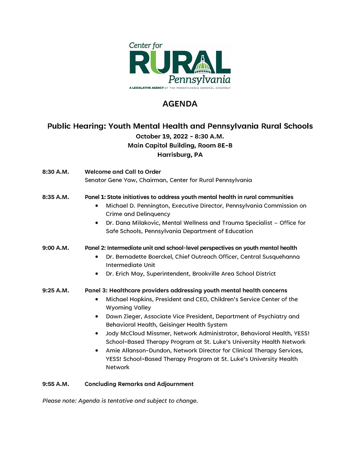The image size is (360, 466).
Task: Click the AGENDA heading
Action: tap(180, 104)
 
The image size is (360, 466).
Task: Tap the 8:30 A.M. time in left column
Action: tap(55, 172)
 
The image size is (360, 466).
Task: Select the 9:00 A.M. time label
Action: tap(55, 248)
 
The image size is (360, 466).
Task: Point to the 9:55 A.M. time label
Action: tap(55, 384)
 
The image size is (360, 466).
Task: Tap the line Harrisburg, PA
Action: tap(180, 155)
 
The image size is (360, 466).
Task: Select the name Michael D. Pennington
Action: tap(137, 206)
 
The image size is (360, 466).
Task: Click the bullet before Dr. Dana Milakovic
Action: tap(97, 223)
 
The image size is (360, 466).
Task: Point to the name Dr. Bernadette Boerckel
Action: tap(139, 257)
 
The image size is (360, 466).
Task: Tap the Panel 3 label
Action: tap(96, 291)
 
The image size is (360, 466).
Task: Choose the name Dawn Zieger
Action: tap(123, 316)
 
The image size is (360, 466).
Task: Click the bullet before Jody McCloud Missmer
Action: tap(97, 333)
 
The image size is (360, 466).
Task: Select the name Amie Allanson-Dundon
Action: tap(138, 350)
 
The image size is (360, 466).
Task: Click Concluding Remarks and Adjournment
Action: tap(139, 384)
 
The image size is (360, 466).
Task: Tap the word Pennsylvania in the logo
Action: tap(199, 80)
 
